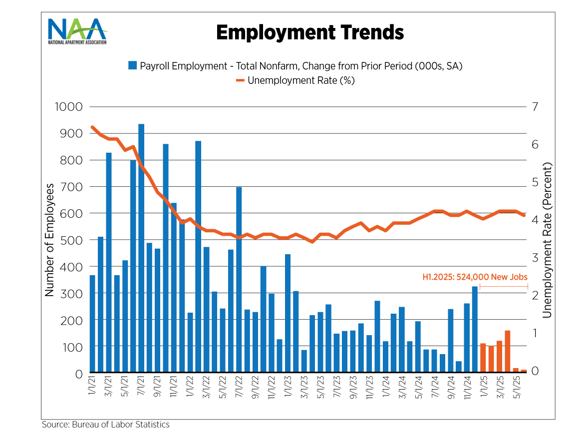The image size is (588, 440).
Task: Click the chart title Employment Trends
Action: coord(309,32)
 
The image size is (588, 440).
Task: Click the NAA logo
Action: coord(77,31)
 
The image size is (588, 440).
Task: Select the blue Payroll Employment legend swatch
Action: coord(132,65)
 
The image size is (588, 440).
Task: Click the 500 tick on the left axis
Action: coord(72,240)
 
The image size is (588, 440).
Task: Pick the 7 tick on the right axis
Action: coord(536,107)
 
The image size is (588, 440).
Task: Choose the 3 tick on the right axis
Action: coord(536,258)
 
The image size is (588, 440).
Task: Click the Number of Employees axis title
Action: coord(49,240)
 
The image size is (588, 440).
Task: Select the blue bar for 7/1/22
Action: coord(239,280)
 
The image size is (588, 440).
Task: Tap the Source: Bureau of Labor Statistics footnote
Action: coord(106,425)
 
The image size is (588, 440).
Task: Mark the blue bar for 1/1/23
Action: coord(288,313)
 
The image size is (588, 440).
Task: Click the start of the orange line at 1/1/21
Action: coord(92,127)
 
